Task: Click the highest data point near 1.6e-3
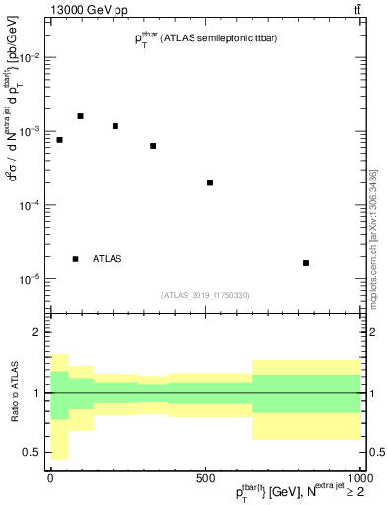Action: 81,116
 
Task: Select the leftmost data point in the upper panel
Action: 60,140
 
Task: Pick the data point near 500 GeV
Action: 210,182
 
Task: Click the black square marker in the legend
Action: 76,259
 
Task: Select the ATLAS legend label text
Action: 108,259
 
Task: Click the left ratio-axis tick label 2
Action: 36,333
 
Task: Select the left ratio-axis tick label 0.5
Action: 31,452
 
